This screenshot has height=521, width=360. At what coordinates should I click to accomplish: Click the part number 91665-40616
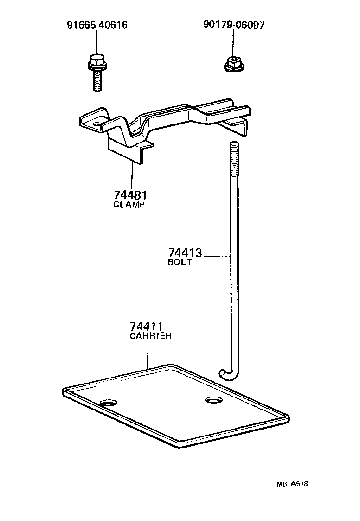tap(97, 25)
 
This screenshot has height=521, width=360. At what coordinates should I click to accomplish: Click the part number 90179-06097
tap(234, 25)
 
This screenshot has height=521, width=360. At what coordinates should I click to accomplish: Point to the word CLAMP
tap(129, 204)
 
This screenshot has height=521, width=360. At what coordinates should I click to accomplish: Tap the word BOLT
tap(180, 262)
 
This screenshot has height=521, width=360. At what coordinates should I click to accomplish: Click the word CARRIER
tap(150, 336)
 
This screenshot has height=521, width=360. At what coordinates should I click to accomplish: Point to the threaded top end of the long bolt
tap(234, 158)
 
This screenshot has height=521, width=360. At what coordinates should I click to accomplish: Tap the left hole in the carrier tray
tap(109, 402)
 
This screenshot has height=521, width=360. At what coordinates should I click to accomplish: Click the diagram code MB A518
tap(292, 483)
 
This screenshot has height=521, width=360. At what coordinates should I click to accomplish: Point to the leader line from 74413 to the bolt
tap(217, 255)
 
